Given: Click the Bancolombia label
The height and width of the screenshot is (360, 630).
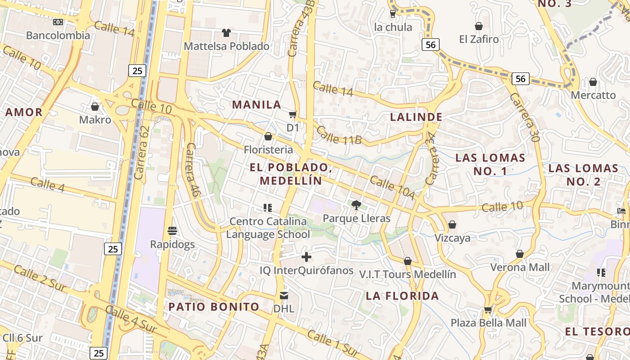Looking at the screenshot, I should coord(58,36).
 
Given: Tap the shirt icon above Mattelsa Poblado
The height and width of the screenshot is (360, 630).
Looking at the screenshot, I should coord(226,33).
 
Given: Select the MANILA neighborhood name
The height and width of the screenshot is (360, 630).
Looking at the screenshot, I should coord(256,105).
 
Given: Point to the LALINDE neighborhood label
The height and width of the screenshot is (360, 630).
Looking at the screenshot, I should coord(416,117).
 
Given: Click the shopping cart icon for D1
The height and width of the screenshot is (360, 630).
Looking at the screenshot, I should coord(293,115).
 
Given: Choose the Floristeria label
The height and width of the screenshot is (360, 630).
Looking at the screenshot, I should coord(268,149).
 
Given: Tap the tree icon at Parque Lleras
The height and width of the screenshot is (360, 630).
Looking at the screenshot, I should coord(356,205).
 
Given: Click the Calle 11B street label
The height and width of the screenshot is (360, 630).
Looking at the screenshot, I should coord(338,135).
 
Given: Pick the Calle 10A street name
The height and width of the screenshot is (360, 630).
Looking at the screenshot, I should coord(391,188).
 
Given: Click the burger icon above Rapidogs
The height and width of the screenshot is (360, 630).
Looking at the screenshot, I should coord(172,231).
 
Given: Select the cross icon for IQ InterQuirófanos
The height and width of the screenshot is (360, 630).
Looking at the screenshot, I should coord(306,257).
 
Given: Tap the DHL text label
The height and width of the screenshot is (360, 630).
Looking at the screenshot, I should coord(284,309).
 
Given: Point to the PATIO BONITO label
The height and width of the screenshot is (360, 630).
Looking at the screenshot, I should coord(214,307).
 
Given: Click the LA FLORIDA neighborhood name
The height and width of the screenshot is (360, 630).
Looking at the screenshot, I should coord(402,296).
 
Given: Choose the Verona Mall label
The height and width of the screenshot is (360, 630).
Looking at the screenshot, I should coord(520,267).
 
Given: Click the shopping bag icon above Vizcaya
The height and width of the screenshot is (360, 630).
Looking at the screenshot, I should coord(452,225).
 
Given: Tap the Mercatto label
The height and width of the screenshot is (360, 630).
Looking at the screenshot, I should coord(593,95).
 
